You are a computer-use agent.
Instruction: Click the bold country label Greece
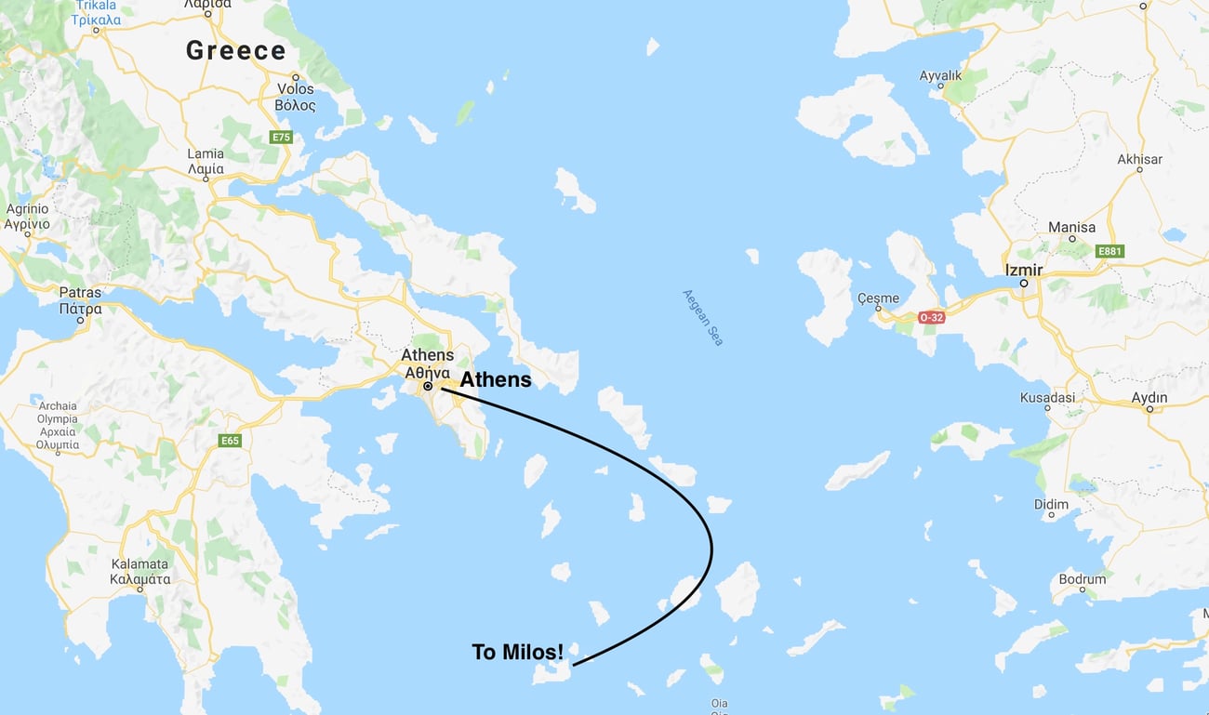coord(235,50)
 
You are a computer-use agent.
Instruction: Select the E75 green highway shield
coord(280,138)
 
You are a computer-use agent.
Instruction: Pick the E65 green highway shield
coord(231,440)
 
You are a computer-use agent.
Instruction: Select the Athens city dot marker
coord(428,386)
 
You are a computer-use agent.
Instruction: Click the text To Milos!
coord(517,653)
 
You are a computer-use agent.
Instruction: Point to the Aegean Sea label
coord(702,317)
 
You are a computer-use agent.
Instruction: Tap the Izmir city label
coord(1023,271)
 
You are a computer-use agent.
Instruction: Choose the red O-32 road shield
coord(932,317)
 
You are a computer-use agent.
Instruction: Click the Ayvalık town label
coord(939,75)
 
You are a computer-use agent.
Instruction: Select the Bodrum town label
coord(1083,578)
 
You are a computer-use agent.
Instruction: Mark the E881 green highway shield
coord(1109,251)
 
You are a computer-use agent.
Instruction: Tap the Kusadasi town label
coord(1047,398)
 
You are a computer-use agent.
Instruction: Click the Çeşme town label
coord(878,298)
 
